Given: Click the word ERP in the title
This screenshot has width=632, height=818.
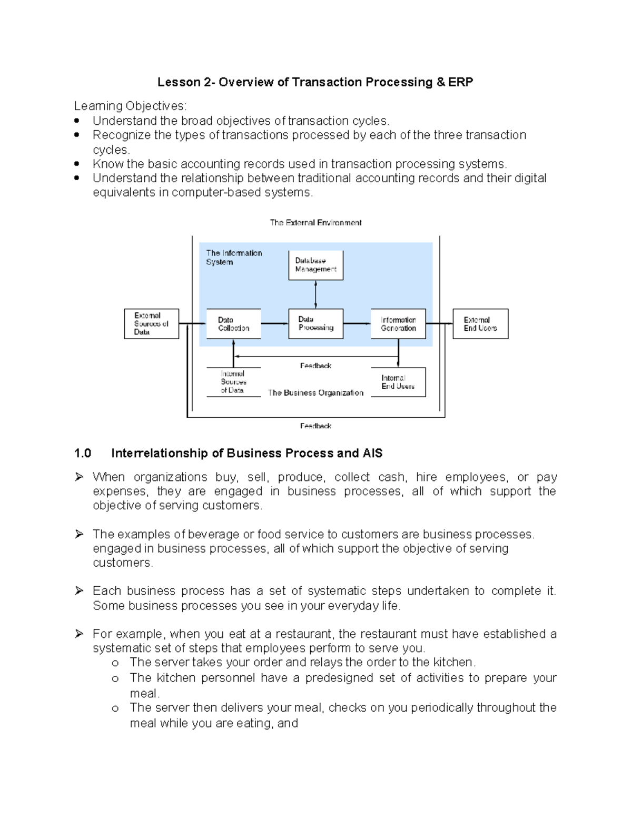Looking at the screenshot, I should [461, 82].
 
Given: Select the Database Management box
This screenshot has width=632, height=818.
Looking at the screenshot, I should [316, 265].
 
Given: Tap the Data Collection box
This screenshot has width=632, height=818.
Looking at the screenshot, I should [234, 323].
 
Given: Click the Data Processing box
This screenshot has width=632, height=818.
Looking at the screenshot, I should [316, 323].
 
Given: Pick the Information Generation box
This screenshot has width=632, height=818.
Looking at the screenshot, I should [398, 323].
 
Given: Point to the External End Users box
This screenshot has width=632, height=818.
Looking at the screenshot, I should [480, 323].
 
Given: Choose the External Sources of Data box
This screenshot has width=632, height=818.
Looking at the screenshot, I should [152, 323].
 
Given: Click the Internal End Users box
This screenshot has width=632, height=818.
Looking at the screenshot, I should [398, 382].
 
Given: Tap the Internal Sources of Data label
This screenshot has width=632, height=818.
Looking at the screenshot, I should [233, 382].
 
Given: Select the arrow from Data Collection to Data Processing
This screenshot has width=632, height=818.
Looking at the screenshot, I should [274, 323].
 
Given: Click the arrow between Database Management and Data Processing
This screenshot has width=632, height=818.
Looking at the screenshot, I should [315, 294].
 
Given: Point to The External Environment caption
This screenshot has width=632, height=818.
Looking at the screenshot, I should [315, 223].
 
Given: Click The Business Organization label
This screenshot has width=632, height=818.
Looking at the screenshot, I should [315, 393].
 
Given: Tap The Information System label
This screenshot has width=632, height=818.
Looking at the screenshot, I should [234, 258].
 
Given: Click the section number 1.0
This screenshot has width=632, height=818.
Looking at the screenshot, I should [83, 454].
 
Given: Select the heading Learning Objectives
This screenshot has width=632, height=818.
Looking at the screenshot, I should [130, 106].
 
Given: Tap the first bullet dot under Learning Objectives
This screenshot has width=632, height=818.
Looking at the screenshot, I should [77, 121].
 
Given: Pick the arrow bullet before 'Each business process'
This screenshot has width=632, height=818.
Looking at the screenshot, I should [79, 591].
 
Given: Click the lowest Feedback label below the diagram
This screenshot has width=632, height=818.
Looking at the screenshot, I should [315, 426].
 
